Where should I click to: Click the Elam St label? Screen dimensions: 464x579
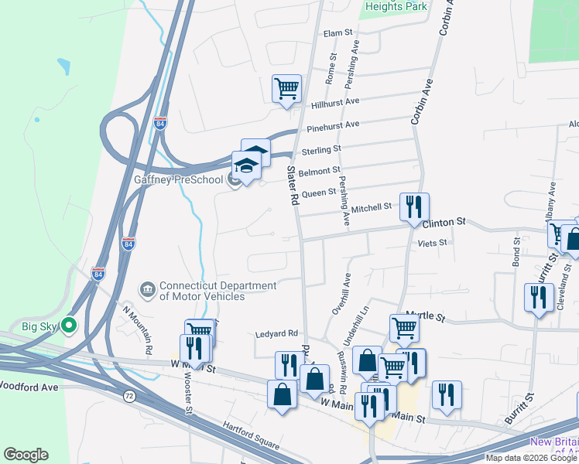(337, 33)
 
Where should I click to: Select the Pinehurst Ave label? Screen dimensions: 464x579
(333, 125)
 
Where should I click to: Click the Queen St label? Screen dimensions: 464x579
(319, 193)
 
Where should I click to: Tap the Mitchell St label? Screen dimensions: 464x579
(372, 207)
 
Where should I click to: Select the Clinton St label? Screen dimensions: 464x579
(444, 222)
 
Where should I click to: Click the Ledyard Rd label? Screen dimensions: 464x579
(277, 334)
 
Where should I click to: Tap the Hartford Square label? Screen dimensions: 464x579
(251, 435)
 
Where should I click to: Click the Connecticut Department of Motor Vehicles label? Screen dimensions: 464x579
(202, 290)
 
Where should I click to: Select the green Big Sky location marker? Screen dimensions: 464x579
(70, 326)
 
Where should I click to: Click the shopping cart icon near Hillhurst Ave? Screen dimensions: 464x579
(286, 88)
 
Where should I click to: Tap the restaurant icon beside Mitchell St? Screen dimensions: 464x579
(413, 206)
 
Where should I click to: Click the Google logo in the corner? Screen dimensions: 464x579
(26, 455)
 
